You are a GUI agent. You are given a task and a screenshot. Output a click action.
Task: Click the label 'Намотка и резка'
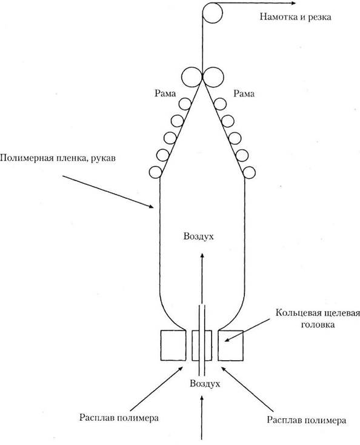pos(295,17)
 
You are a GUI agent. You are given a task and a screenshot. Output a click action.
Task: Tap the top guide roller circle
pos(213,4)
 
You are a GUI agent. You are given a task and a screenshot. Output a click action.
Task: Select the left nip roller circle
pos(192,76)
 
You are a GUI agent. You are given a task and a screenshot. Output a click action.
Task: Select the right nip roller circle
pos(213,76)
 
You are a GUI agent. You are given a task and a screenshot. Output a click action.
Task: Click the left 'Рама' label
pos(165,93)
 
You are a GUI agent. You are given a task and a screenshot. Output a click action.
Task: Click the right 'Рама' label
pos(244,93)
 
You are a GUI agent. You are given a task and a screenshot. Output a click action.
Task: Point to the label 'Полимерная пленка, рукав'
pos(58,158)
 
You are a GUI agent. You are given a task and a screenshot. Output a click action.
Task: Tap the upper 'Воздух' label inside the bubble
pos(198,236)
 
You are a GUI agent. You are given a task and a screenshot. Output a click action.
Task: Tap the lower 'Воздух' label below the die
pos(205,384)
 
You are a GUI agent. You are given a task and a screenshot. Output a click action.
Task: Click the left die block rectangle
pos(173,346)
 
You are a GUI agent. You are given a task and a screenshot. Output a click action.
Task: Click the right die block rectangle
pos(230,346)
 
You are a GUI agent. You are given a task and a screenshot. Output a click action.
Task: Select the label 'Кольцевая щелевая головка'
pos(318,318)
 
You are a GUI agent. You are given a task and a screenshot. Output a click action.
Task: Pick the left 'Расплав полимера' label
pos(119,418)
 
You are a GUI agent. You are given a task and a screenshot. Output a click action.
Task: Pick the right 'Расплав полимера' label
pos(307,420)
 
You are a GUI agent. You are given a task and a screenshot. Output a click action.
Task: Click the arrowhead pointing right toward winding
pos(293,4)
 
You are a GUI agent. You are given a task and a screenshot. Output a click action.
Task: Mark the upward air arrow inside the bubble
pos(202,278)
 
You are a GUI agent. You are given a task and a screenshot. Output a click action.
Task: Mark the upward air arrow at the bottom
pos(202,418)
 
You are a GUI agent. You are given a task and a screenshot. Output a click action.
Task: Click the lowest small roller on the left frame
pos(156,172)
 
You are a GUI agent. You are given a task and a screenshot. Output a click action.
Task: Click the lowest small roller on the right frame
pos(249,173)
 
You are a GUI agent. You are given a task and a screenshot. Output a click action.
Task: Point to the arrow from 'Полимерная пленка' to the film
pos(108,192)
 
